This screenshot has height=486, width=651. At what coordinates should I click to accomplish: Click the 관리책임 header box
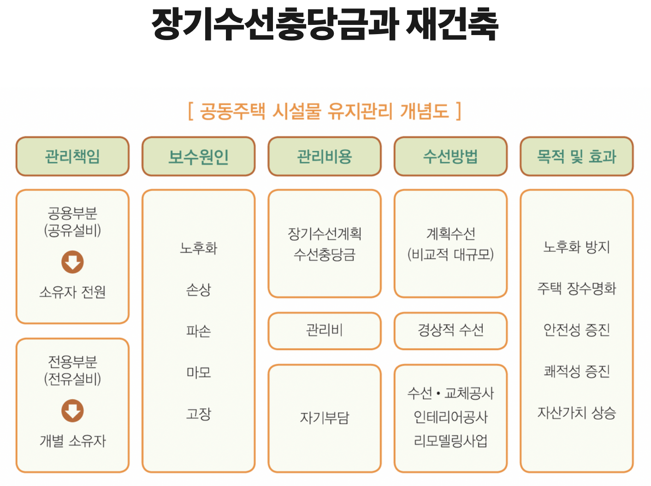(72, 156)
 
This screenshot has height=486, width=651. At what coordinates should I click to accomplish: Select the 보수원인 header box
(198, 156)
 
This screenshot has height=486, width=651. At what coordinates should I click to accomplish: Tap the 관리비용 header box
(325, 156)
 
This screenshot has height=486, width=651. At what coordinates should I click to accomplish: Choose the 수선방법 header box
(450, 156)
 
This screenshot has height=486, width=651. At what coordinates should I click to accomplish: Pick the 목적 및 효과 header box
(576, 156)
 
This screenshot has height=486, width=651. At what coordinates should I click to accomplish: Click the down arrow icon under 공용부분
(72, 262)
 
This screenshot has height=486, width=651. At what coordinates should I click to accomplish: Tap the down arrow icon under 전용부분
(72, 411)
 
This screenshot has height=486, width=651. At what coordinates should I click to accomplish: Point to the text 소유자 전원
(72, 292)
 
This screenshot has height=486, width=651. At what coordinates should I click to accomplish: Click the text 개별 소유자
(72, 441)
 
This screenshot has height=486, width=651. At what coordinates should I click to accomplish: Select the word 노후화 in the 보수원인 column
(198, 248)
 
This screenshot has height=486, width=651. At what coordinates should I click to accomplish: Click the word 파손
(198, 331)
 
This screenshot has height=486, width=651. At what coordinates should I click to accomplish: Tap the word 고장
(198, 414)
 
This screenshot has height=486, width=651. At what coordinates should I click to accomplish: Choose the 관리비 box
(325, 330)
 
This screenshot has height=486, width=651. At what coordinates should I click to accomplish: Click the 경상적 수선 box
(450, 330)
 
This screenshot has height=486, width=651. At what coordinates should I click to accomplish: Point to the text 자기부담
(325, 418)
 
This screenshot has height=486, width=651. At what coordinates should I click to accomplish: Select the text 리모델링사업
(450, 441)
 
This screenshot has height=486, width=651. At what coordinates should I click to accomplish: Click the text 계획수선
(450, 234)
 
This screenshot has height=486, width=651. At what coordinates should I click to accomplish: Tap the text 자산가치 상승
(576, 412)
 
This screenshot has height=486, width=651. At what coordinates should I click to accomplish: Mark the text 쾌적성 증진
(576, 371)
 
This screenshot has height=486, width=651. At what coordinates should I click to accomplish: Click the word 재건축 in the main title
(452, 24)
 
